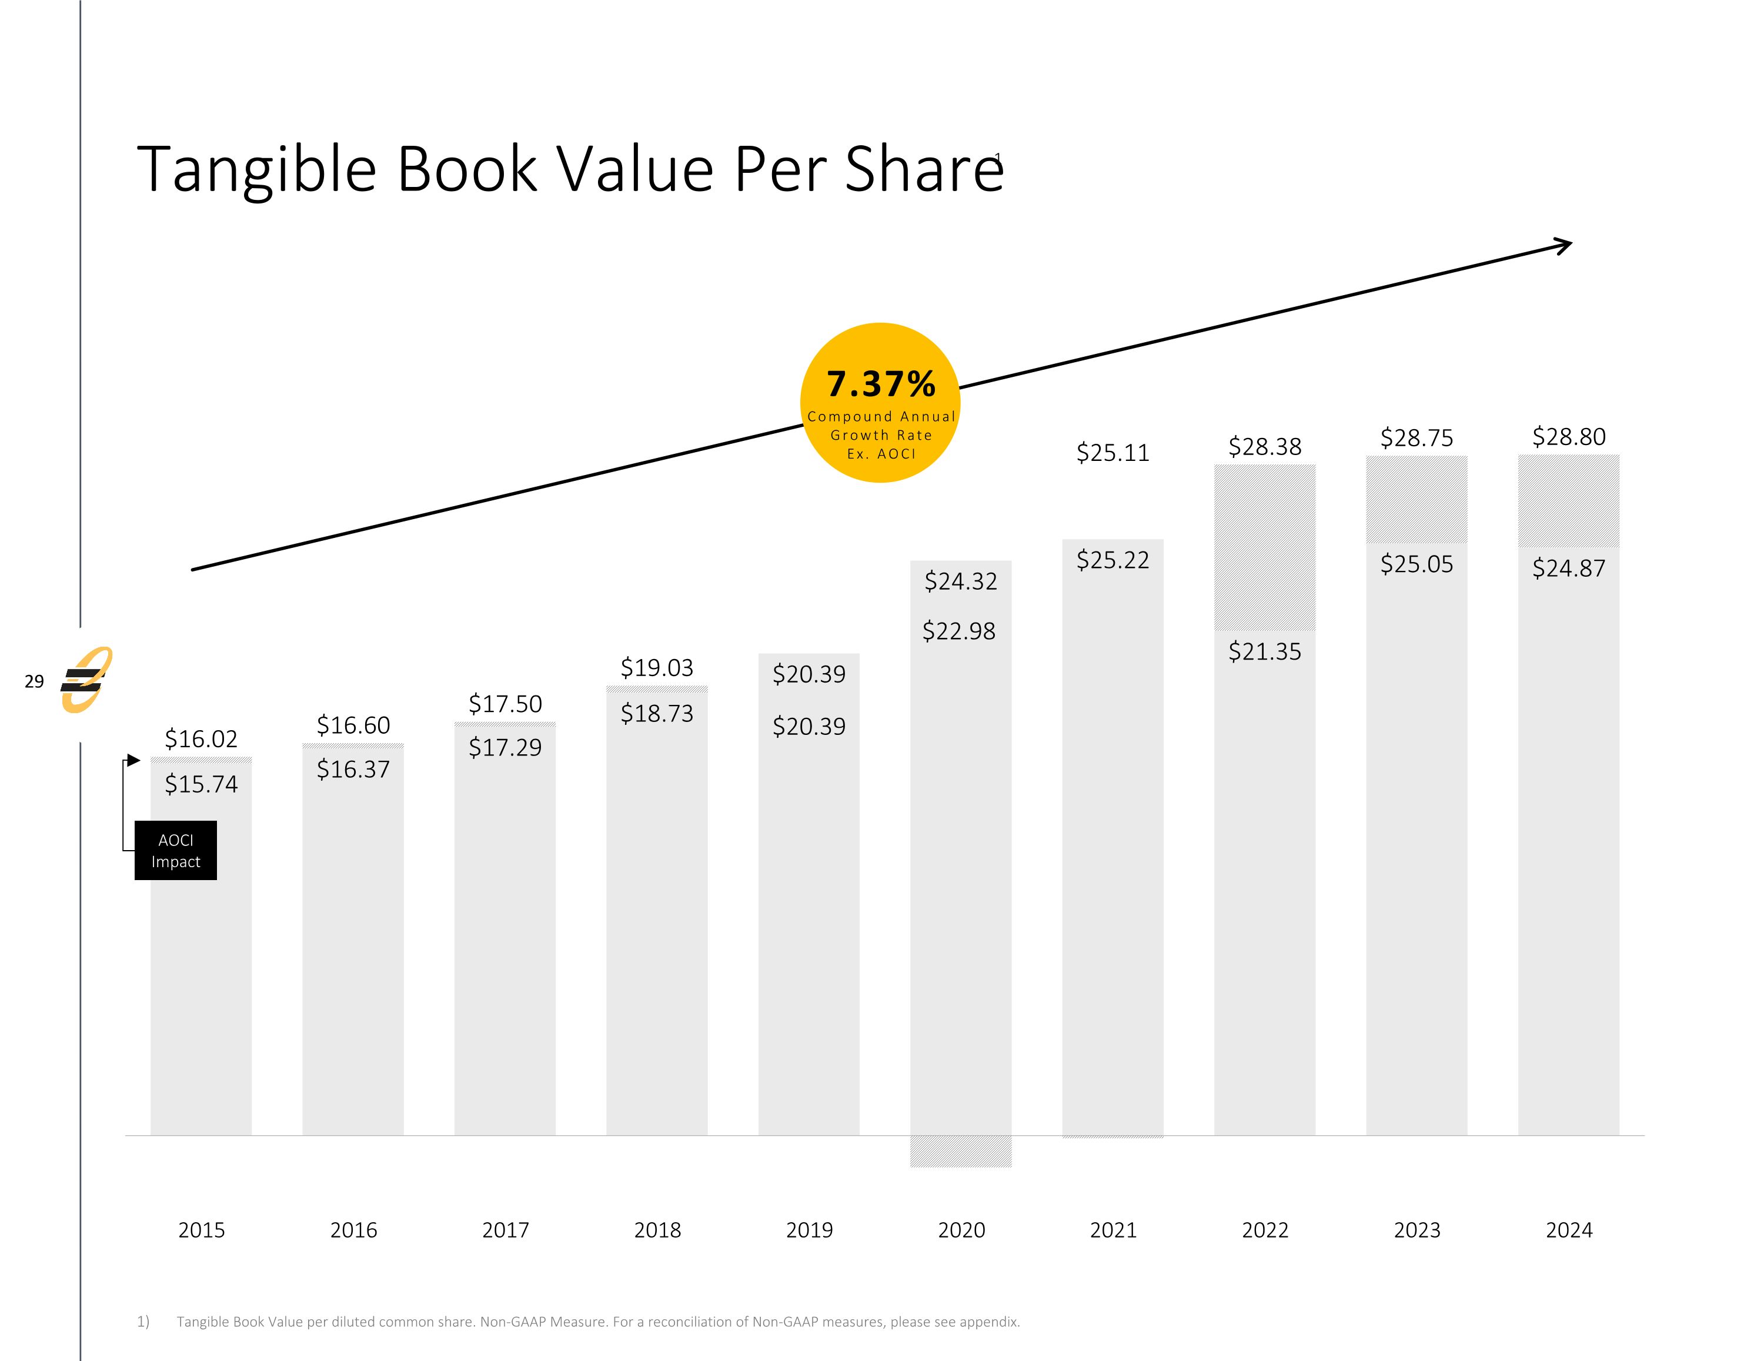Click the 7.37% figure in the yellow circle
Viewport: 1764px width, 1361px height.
(880, 384)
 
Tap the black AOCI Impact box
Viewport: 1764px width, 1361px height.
(175, 851)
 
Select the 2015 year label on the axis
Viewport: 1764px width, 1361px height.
(201, 1230)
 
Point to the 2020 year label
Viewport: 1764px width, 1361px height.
(961, 1230)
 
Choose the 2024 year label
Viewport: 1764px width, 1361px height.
(1569, 1230)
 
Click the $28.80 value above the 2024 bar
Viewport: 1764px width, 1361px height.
(1569, 437)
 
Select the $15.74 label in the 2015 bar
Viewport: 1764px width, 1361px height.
(201, 784)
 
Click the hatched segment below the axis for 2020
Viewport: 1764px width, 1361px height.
(960, 1151)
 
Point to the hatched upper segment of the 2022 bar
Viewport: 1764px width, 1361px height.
(1265, 547)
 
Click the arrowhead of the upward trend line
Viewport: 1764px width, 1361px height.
(1565, 245)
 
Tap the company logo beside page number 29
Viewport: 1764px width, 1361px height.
(86, 680)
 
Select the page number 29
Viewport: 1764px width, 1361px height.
(34, 682)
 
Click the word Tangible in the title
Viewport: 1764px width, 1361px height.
(257, 170)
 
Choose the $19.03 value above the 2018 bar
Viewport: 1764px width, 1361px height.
(657, 668)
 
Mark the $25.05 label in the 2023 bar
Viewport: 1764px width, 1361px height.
(1416, 564)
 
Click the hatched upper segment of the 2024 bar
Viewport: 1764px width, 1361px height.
(1569, 501)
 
